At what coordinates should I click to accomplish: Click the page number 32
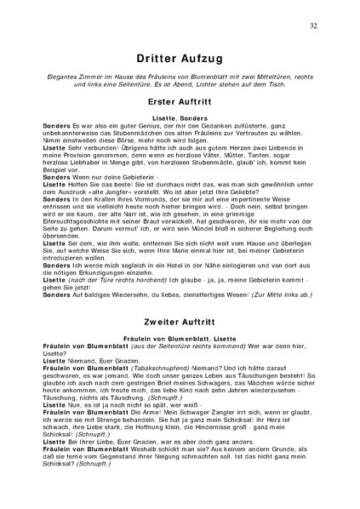pos(315,26)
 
